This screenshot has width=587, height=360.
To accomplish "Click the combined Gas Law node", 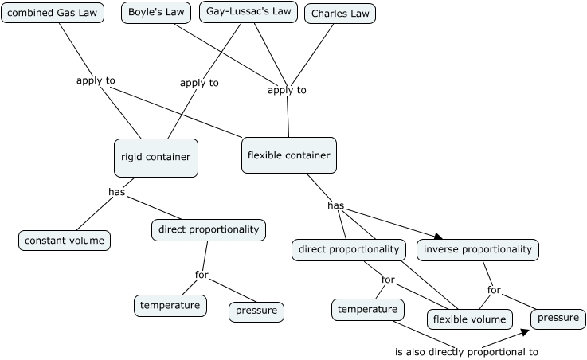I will pyautogui.click(x=53, y=14).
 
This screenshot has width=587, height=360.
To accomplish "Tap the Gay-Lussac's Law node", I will pyautogui.click(x=248, y=12).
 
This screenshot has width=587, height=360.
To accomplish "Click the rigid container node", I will pyautogui.click(x=155, y=157).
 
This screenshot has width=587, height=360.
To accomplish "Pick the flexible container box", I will pyautogui.click(x=288, y=155).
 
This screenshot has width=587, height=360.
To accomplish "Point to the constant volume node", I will pyautogui.click(x=65, y=240).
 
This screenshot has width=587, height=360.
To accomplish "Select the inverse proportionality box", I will pyautogui.click(x=477, y=249).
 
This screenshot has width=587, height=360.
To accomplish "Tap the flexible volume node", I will pyautogui.click(x=469, y=319).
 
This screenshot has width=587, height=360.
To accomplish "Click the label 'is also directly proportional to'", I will pyautogui.click(x=466, y=351).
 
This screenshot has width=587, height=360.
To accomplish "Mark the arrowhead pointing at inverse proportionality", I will pyautogui.click(x=436, y=236).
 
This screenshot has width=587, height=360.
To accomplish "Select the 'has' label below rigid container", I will pyautogui.click(x=117, y=192).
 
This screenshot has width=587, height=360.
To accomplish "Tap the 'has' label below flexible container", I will pyautogui.click(x=335, y=205).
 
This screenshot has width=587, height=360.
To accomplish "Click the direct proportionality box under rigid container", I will pyautogui.click(x=209, y=229).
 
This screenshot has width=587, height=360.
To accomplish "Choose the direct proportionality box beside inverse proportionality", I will pyautogui.click(x=348, y=249).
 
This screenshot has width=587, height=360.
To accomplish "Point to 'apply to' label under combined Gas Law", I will pyautogui.click(x=96, y=80).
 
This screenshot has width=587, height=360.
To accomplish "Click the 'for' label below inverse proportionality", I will pyautogui.click(x=495, y=290).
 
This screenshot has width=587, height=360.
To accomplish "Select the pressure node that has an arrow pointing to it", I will pyautogui.click(x=558, y=318).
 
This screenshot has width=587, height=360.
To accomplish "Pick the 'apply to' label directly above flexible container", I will pyautogui.click(x=287, y=90).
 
